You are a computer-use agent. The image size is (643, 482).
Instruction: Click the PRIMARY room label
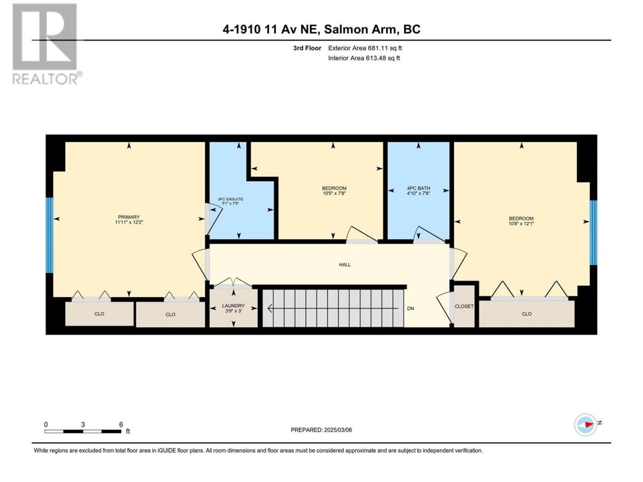point(129,217)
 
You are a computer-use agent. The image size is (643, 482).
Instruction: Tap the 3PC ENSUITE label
point(230,199)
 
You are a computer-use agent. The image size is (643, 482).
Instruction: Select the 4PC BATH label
point(418,188)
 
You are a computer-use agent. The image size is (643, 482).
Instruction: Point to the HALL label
point(345,265)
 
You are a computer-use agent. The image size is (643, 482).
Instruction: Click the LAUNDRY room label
point(233,306)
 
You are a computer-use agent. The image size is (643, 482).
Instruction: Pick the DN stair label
point(410,308)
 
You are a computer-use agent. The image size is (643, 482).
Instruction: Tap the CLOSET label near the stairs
point(464,306)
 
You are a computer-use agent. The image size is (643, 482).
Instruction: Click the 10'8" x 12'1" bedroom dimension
point(521,223)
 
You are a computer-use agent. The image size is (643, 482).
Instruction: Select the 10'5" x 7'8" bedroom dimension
point(334,193)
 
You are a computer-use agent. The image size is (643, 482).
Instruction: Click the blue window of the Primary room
point(50,235)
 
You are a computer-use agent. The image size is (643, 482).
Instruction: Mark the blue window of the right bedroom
point(593,232)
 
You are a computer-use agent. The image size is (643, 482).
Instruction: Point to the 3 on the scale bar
point(83,424)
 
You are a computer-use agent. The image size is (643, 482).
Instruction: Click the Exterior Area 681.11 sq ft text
point(365,48)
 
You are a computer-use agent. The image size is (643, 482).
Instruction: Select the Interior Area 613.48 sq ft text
point(364,58)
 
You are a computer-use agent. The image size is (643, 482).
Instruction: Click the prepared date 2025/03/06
point(338,430)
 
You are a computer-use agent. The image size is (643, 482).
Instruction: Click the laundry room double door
point(233,284)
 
